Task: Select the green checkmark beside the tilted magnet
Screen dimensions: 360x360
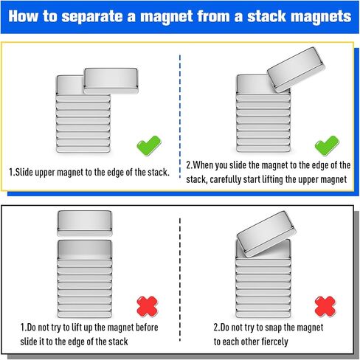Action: point(325,145)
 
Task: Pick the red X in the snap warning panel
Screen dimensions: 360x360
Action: point(325,305)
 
